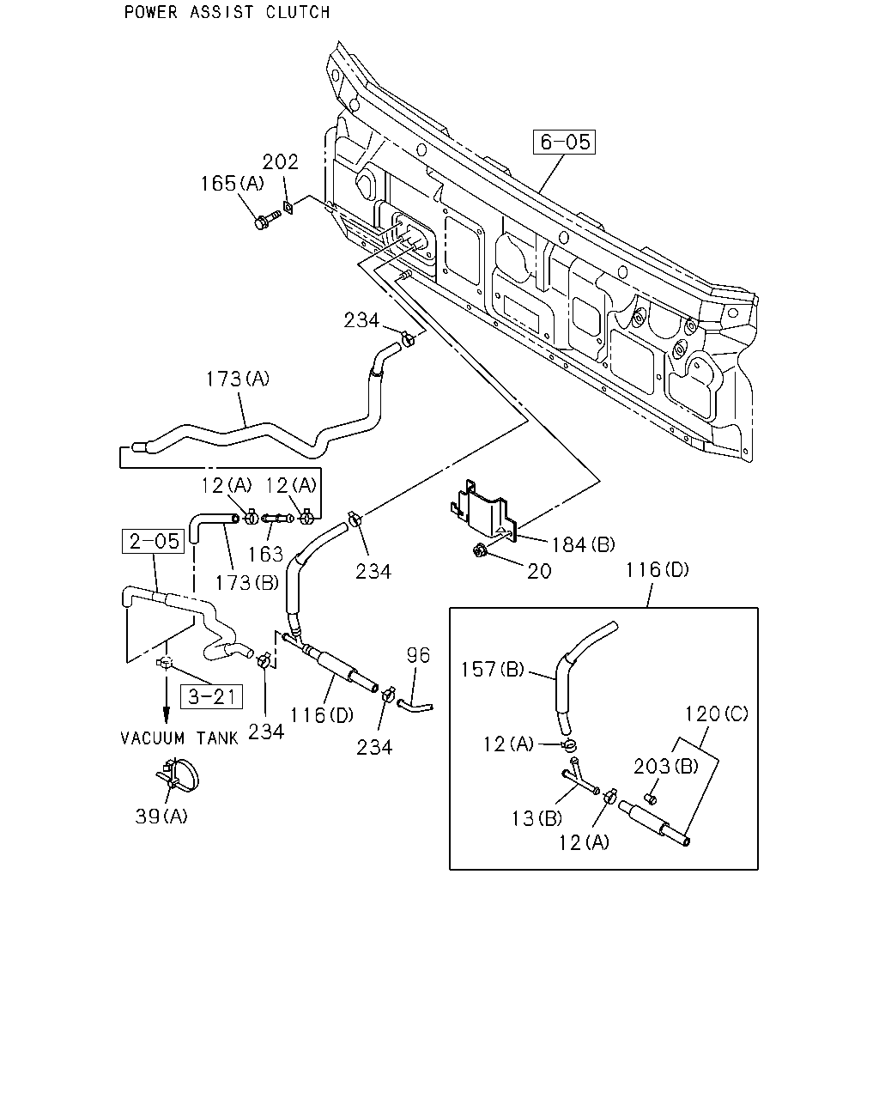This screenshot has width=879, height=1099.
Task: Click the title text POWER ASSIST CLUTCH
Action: [x=227, y=12]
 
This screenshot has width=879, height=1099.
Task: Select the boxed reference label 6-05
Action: [x=564, y=142]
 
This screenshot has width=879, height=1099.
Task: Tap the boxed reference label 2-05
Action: [x=154, y=541]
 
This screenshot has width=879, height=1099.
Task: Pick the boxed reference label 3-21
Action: [x=211, y=696]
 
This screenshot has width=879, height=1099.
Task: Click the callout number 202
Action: [x=280, y=162]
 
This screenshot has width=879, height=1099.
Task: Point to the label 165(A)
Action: [x=232, y=184]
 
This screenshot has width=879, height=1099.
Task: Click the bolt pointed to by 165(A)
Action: [x=267, y=219]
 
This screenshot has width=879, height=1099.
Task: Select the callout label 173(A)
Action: [x=237, y=379]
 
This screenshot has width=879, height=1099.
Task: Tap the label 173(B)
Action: [x=246, y=582]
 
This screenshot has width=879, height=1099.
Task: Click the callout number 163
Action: [x=265, y=554]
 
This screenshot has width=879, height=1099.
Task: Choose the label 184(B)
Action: [x=583, y=544]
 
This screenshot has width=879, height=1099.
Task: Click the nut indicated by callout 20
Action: [x=479, y=551]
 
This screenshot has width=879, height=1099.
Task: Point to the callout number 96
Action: [x=418, y=655]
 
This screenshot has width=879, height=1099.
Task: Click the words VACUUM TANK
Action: [x=179, y=738]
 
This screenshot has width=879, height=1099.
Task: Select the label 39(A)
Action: [x=161, y=816]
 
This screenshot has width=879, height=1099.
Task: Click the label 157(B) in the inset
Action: [x=493, y=669]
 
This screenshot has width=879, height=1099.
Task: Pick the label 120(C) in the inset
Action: [x=716, y=713]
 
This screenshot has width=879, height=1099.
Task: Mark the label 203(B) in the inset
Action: [x=665, y=766]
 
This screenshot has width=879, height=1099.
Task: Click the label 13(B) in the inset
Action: [x=536, y=818]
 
